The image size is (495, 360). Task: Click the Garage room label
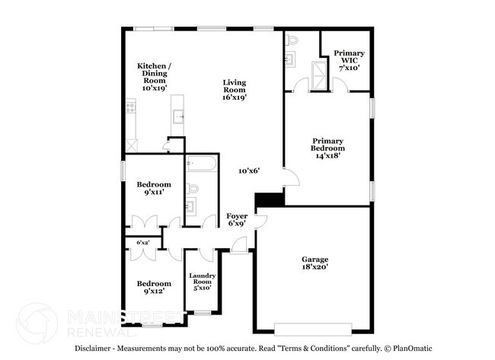click(315, 263)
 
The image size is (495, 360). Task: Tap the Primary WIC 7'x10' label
click(349, 60)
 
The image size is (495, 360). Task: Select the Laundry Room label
click(202, 282)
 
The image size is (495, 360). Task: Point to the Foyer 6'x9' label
click(237, 220)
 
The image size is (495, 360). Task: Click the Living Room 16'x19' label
click(235, 90)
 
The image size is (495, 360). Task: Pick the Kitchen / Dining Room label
click(155, 77)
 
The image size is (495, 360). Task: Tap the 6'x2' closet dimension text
click(143, 243)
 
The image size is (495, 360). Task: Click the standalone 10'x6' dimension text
click(249, 171)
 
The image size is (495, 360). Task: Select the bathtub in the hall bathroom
click(201, 164)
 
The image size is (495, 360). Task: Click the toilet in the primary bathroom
click(292, 40)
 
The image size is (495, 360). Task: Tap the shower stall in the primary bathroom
click(319, 75)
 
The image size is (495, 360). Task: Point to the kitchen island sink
click(179, 116)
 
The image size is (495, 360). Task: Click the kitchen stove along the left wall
click(131, 107)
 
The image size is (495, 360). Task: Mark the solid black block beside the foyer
click(270, 199)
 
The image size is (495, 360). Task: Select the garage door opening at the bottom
click(313, 330)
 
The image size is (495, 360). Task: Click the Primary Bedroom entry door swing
click(292, 177)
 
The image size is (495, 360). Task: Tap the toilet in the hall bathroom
click(192, 189)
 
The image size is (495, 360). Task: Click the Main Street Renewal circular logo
click(37, 323)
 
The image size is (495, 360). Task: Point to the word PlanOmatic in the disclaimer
click(412, 349)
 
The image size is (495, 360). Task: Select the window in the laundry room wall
click(203, 314)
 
